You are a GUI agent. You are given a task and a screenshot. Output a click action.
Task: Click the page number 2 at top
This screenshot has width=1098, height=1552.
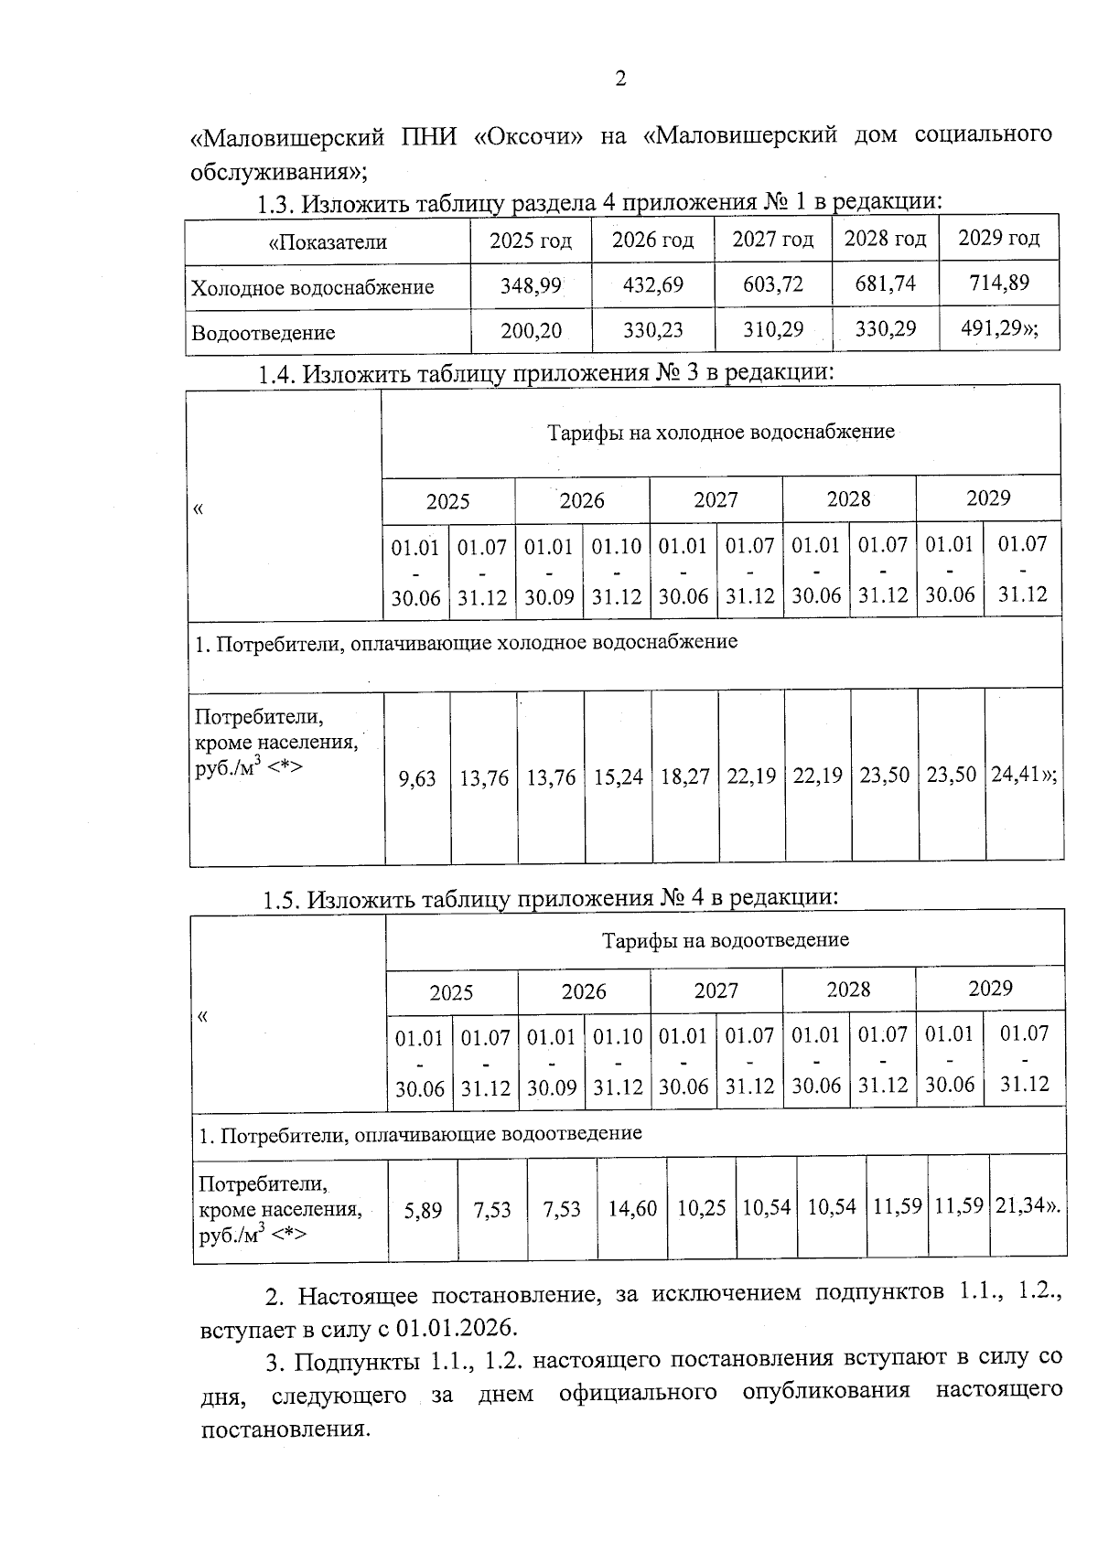pos(620,80)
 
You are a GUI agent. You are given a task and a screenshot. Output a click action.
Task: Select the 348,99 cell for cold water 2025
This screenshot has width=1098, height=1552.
pos(531,285)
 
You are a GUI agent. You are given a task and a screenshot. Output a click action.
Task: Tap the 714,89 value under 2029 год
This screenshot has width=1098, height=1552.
pos(999,283)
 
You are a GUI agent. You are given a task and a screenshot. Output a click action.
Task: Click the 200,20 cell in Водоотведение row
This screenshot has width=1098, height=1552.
pos(531,331)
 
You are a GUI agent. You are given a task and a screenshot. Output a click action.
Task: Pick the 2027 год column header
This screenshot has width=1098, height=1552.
pos(772,240)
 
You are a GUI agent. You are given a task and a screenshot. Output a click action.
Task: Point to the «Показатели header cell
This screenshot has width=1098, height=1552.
pos(328,242)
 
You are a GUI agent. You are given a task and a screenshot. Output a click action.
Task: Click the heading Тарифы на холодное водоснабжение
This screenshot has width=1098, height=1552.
pos(720,432)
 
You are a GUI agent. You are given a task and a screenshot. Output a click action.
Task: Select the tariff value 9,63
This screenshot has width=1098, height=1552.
pos(417,779)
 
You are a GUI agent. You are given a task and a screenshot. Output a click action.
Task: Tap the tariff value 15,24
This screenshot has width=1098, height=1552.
pos(618,777)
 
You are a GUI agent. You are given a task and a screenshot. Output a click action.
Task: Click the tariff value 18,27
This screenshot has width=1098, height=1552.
pos(684,776)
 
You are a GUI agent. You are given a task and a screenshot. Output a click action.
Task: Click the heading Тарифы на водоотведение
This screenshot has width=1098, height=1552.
pos(725,940)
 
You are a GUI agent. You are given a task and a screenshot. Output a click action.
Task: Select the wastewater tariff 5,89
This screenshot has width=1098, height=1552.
pos(423,1211)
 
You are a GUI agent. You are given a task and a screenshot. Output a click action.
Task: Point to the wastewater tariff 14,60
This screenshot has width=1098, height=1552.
pos(632,1209)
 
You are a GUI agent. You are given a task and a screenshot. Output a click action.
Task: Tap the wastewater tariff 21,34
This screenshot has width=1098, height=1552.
pos(1026,1206)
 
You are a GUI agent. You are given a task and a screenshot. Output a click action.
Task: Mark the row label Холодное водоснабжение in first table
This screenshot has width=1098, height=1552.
pos(312,288)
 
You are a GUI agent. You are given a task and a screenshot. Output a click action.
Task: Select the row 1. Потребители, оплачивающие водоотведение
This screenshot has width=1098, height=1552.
pos(421,1135)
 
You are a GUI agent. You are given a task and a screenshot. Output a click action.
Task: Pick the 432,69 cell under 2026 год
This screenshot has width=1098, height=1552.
pos(652,284)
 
